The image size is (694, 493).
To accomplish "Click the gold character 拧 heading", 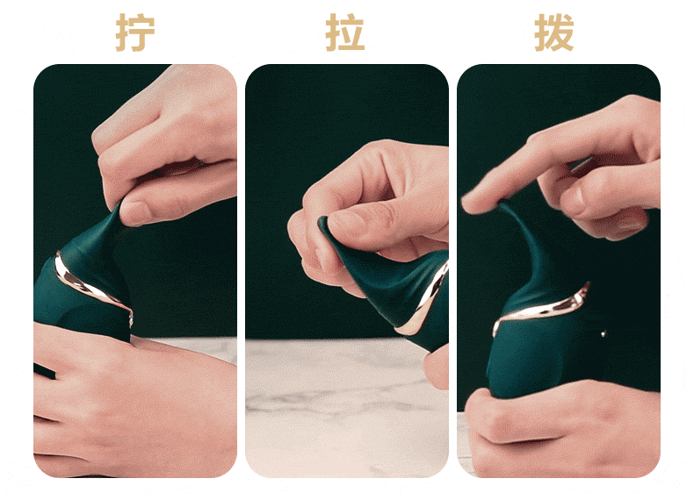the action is click(x=135, y=32).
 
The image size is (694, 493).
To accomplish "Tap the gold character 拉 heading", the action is click(x=344, y=32).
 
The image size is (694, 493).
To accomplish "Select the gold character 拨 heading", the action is click(x=554, y=32).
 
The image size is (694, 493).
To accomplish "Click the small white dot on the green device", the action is click(x=604, y=334).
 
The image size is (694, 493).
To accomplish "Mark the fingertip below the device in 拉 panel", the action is click(x=437, y=367).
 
